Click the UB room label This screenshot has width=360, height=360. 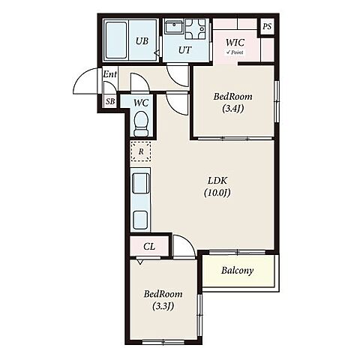click(142, 40)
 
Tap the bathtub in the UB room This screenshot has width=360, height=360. click(115, 40)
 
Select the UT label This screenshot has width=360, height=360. click(184, 50)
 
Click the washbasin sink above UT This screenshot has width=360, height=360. click(174, 27)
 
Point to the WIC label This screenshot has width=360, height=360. click(235, 43)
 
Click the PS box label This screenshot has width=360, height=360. click(267, 26)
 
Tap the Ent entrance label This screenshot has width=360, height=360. click(110, 74)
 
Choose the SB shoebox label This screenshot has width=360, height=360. click(110, 101)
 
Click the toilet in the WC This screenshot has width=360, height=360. click(141, 124)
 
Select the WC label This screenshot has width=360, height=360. click(141, 103)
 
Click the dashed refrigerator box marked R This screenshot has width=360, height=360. click(141, 151)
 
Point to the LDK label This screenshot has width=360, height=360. click(217, 180)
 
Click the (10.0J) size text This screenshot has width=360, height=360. click(217, 193)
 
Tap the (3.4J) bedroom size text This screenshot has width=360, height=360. click(232, 109)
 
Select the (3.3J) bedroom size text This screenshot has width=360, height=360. click(163, 306)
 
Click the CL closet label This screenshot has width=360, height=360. click(149, 247)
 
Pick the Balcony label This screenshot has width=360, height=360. click(237, 271)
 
